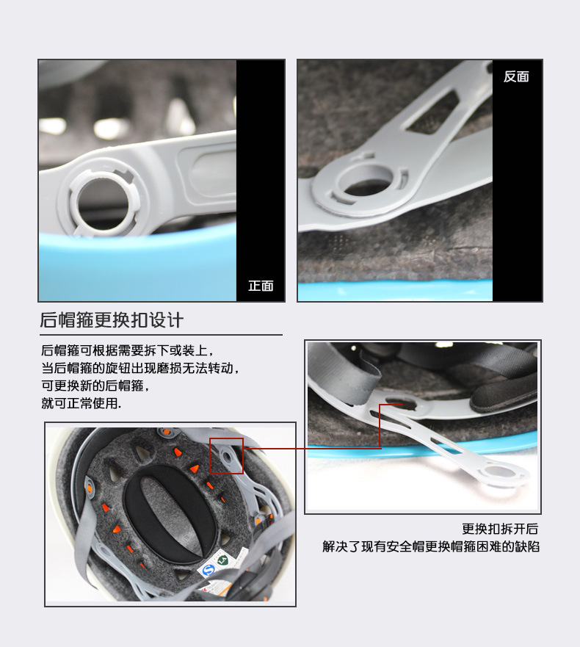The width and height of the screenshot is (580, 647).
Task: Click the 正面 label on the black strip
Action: click(x=261, y=286)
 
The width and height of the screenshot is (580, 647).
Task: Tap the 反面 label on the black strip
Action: click(x=516, y=77)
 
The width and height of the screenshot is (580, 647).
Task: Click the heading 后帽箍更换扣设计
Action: click(x=112, y=320)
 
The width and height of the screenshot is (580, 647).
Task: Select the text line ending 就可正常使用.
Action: click(x=81, y=403)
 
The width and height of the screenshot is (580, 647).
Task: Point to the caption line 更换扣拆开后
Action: click(x=500, y=529)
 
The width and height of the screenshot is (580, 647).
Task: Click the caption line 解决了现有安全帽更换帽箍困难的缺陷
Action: click(x=431, y=546)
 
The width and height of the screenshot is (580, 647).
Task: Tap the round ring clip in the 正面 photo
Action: click(x=104, y=201)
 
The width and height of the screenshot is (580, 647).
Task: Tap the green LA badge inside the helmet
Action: click(x=223, y=560)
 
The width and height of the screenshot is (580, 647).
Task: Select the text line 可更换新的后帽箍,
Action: click(x=95, y=386)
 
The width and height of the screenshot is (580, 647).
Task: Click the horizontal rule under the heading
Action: click(x=162, y=335)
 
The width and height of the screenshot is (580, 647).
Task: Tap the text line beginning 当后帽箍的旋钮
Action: click(x=141, y=368)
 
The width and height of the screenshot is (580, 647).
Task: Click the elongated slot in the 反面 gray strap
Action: click(x=433, y=112)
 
